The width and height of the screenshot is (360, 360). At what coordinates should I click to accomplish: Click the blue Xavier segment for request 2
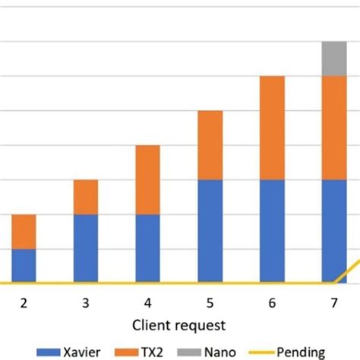(x=24, y=266)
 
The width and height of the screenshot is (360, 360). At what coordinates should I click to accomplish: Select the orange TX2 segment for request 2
(x=24, y=232)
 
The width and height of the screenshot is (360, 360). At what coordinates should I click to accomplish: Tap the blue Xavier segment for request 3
(x=86, y=248)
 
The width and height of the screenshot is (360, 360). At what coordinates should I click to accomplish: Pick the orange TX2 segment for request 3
(x=86, y=197)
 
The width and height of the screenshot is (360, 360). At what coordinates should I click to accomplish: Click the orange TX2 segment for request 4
(x=148, y=179)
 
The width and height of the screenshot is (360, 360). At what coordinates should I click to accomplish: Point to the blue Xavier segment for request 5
(x=210, y=231)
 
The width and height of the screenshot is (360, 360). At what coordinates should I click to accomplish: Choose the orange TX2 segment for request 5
(x=210, y=145)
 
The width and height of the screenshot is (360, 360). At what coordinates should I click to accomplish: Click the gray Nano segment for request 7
(x=334, y=58)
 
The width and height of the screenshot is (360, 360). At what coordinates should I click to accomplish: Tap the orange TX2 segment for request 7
(x=334, y=128)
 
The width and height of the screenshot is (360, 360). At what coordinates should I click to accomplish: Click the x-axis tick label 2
(x=24, y=303)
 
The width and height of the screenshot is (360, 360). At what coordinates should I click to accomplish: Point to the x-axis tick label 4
(x=148, y=303)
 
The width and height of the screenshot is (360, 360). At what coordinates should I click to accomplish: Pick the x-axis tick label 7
(x=334, y=303)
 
